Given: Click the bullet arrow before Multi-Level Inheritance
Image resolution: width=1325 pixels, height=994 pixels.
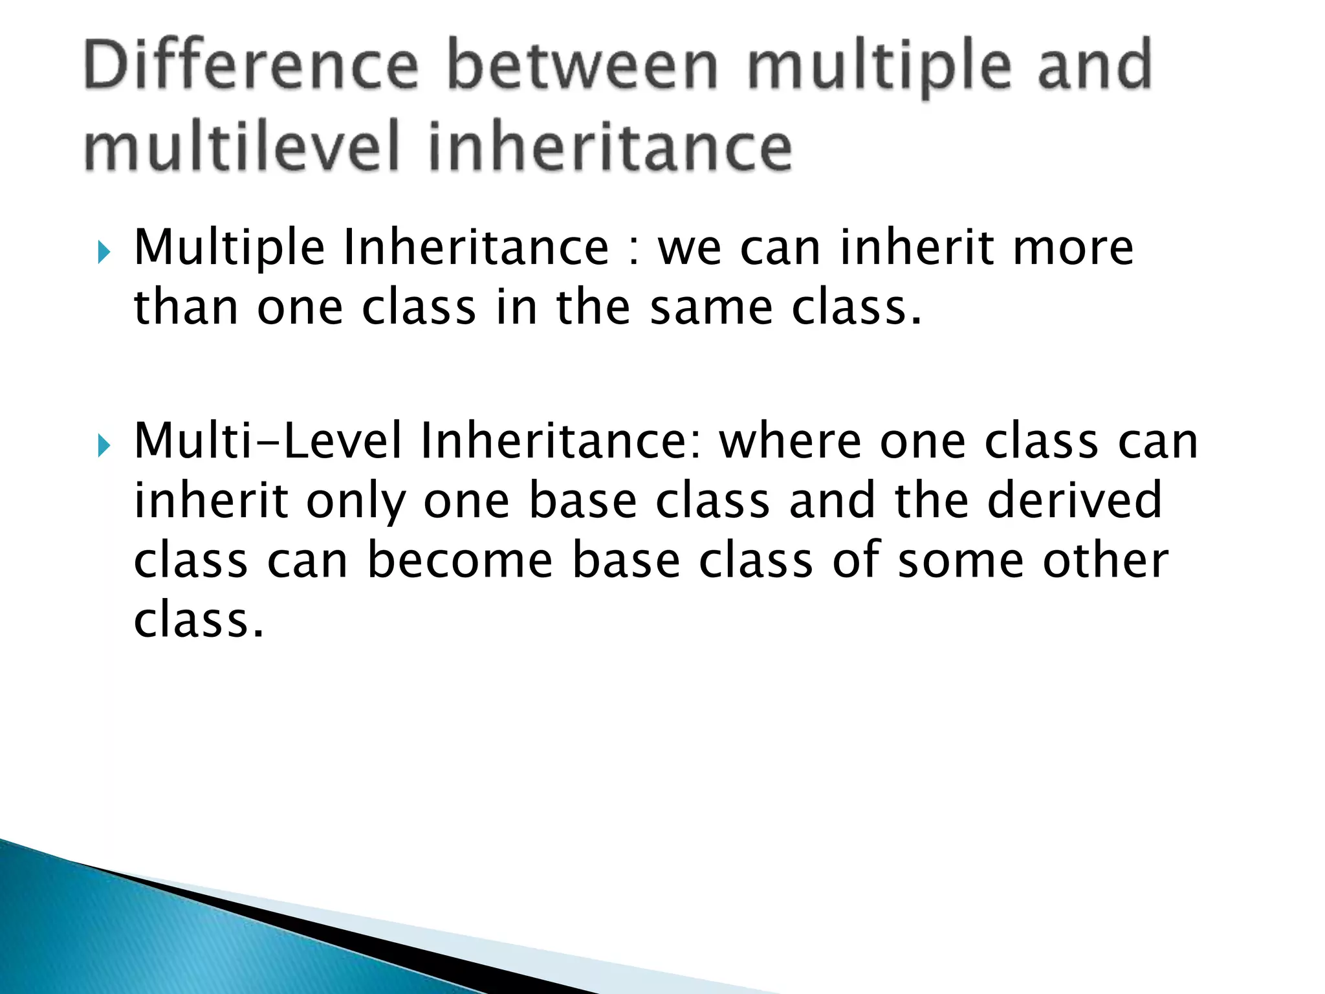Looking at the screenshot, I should pos(104,445).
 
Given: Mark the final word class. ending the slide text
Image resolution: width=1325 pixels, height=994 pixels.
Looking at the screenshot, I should pos(199,620).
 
